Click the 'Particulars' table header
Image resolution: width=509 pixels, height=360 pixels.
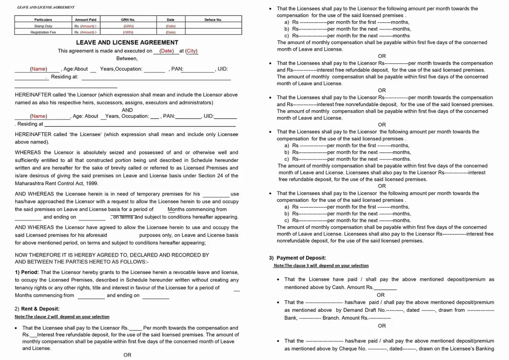[x=43, y=20]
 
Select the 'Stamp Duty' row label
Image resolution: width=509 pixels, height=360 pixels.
[x=43, y=26]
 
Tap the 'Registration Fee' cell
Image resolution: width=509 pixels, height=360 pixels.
[x=43, y=32]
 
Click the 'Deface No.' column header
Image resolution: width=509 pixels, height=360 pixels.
[x=213, y=20]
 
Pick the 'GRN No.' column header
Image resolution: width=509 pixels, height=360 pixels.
[x=128, y=20]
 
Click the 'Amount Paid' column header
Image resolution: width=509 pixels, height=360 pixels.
[x=86, y=20]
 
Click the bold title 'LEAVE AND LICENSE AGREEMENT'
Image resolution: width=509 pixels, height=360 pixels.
[x=127, y=42]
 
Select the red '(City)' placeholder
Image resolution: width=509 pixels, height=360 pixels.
[x=191, y=51]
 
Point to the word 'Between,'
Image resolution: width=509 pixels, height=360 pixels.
[x=127, y=59]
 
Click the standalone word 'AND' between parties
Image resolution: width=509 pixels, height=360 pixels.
[x=127, y=110]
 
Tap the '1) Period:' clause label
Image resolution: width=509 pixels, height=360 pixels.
[x=27, y=272]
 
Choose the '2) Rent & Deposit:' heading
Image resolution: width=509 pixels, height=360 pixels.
[x=37, y=309]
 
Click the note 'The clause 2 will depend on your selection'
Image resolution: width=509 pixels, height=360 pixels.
[x=62, y=317]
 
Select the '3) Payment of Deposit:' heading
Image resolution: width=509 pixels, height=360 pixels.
[x=297, y=258]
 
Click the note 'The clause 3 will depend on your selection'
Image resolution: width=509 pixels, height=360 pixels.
[x=321, y=265]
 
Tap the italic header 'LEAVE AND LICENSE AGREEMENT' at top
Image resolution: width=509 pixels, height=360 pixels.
[x=45, y=7]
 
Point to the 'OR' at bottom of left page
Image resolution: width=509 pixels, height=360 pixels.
[x=127, y=355]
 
